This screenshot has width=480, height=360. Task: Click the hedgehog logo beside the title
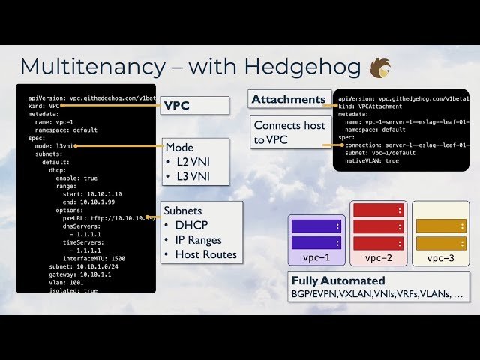381,67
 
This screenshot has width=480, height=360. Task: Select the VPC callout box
194,106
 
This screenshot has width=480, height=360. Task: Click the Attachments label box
289,99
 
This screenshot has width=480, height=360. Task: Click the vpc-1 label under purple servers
316,258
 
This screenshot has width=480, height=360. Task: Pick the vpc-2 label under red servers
379,258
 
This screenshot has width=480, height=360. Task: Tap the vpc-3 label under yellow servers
440,258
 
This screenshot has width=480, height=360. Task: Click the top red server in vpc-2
379,210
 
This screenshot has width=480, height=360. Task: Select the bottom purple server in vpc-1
316,242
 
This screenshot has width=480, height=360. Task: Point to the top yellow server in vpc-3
441,226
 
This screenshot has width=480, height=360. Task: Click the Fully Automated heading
337,280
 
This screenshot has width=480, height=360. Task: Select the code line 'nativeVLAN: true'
372,161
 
